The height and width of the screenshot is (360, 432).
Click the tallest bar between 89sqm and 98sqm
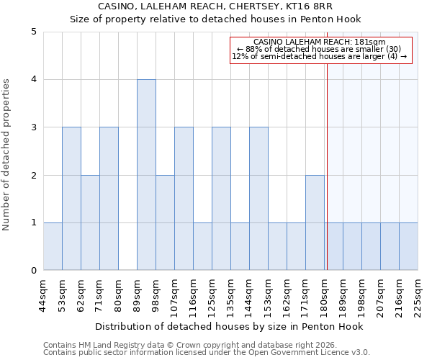tap(146, 175)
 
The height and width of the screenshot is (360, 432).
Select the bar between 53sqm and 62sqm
tap(71, 199)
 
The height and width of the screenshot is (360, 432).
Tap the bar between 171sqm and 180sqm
tap(315, 222)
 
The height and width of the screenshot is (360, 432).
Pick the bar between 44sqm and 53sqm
tap(53, 246)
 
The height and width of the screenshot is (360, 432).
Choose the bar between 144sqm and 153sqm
tap(258, 199)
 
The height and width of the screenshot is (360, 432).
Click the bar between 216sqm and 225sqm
tap(408, 246)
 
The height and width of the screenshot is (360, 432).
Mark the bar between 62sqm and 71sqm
tap(90, 222)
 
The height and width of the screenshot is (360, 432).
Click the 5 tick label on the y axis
tap(34, 32)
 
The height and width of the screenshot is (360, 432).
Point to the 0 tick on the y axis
tap(34, 271)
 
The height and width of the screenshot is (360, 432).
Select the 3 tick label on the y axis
tap(34, 127)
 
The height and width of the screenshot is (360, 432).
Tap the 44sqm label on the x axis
tap(43, 295)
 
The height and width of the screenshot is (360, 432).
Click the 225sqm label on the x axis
tap(418, 295)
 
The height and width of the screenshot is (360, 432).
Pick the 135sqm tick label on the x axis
tap(230, 295)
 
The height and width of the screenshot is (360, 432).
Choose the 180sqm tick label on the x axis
tap(324, 295)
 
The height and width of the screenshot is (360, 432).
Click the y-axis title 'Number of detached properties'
tap(7, 156)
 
